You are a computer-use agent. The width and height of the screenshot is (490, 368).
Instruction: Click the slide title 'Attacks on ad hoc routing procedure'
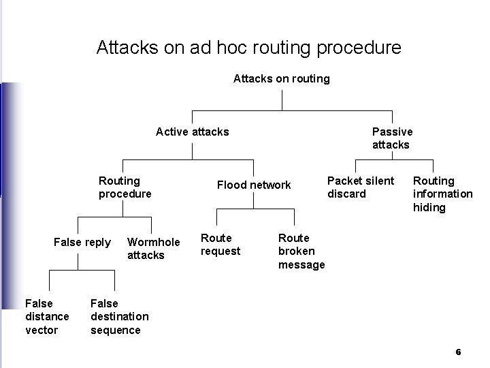[248, 48]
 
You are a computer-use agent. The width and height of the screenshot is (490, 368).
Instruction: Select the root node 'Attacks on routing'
[281, 78]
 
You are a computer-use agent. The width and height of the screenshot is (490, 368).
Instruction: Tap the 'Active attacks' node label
[192, 132]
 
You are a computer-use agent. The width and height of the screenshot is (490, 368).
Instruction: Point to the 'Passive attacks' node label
[391, 138]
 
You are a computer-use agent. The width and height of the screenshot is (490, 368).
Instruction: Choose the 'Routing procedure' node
[125, 187]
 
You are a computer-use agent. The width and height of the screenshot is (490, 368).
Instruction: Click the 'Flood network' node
[253, 185]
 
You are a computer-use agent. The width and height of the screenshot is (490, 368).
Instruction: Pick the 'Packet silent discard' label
[360, 187]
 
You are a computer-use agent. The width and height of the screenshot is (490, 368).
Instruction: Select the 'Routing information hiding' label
[442, 194]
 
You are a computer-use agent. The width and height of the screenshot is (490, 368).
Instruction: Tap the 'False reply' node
[82, 243]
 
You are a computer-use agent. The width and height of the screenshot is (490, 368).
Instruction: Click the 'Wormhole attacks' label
[153, 249]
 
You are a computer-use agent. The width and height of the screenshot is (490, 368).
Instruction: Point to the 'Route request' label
[220, 245]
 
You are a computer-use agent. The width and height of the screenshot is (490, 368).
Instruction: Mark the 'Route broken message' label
[301, 251]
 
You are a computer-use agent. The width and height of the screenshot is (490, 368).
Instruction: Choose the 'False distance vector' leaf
[47, 317]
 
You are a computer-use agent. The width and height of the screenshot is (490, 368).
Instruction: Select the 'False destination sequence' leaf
[119, 317]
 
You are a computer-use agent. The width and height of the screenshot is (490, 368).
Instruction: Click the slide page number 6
[458, 352]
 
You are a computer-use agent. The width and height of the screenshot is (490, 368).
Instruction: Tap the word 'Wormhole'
[154, 242]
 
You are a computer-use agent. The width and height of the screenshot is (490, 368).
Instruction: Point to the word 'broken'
[297, 251]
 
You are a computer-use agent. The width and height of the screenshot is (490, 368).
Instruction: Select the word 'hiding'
[429, 208]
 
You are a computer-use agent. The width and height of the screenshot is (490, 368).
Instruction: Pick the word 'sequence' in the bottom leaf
[116, 331]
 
